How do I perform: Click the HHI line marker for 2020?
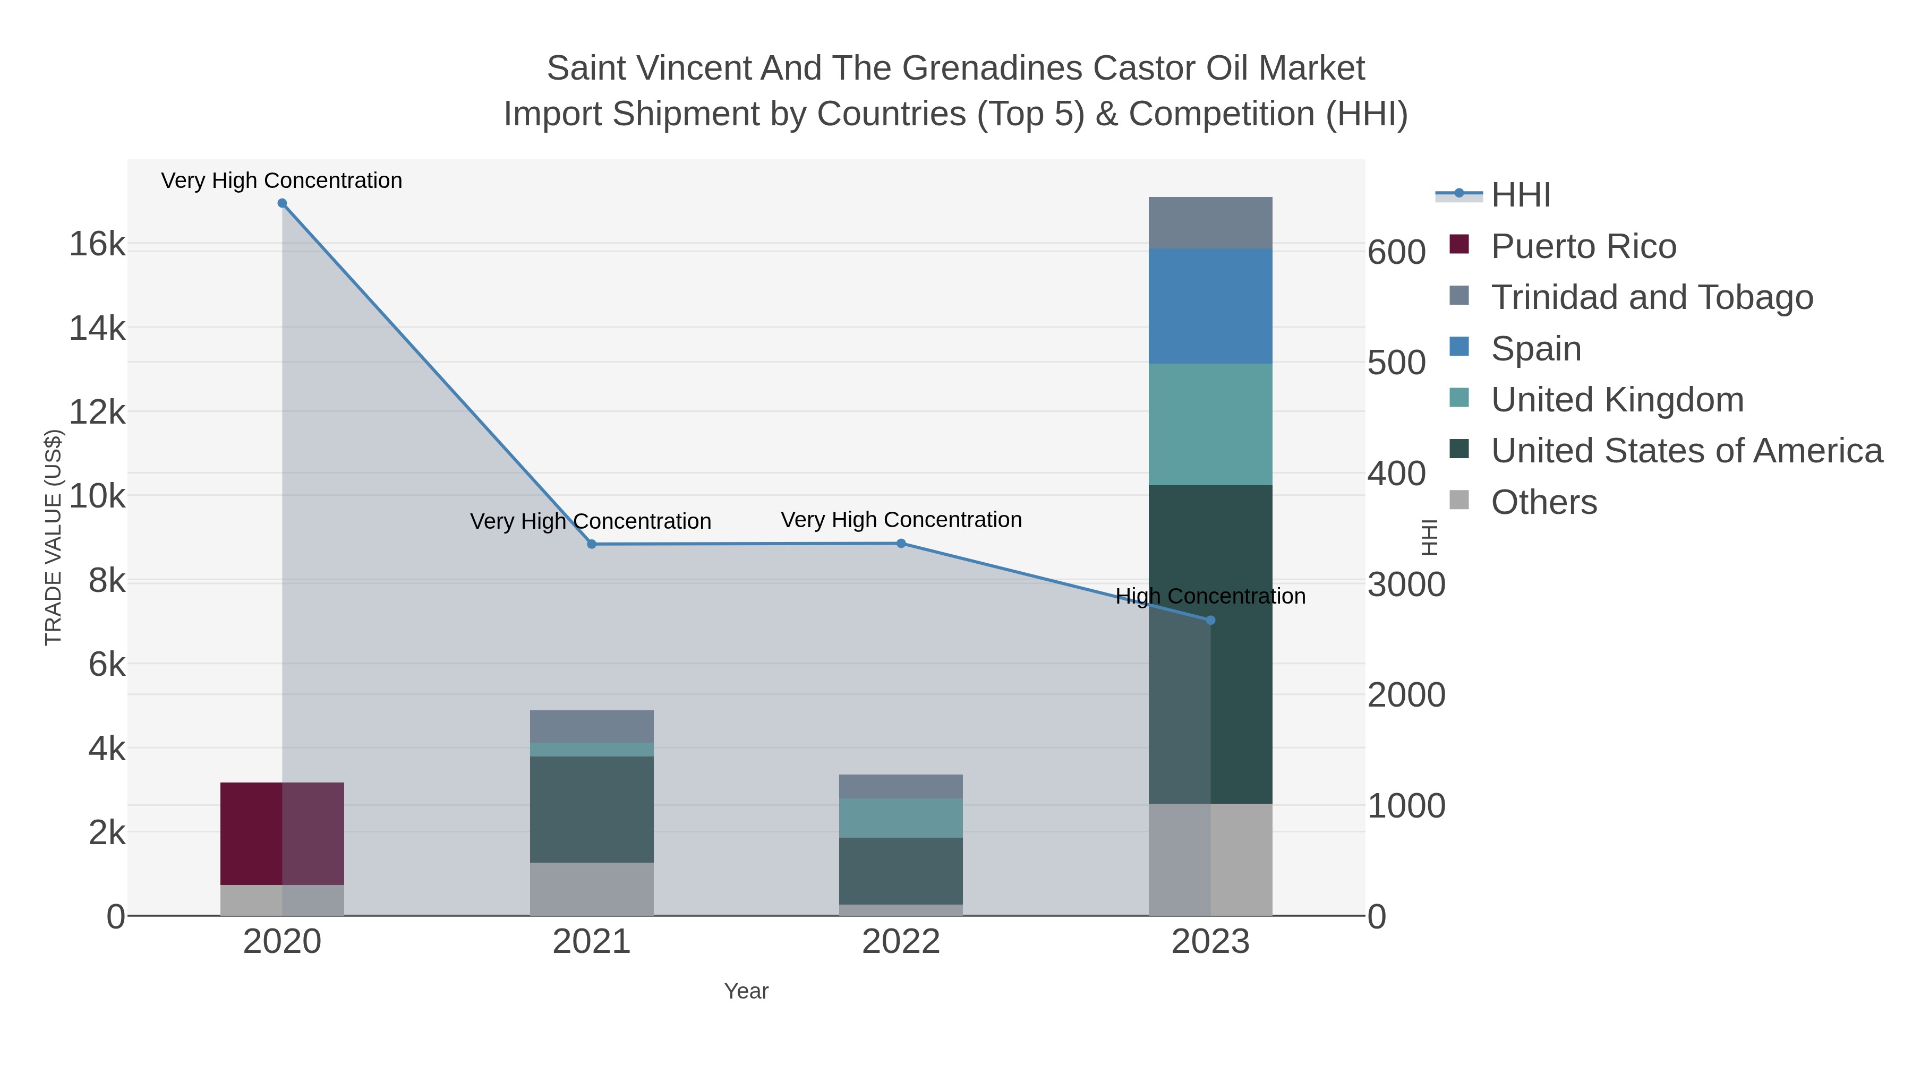click(282, 203)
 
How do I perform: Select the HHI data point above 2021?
click(592, 545)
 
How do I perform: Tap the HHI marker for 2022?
click(901, 544)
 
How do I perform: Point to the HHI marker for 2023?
click(1210, 620)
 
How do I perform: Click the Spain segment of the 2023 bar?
click(1210, 306)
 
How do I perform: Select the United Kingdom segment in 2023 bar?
click(1210, 424)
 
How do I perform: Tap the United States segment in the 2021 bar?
click(592, 809)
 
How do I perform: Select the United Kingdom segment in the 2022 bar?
click(901, 818)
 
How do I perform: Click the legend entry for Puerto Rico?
click(1583, 246)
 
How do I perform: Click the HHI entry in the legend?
click(1520, 195)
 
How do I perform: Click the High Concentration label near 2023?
click(1210, 597)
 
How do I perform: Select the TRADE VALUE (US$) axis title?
click(54, 537)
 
